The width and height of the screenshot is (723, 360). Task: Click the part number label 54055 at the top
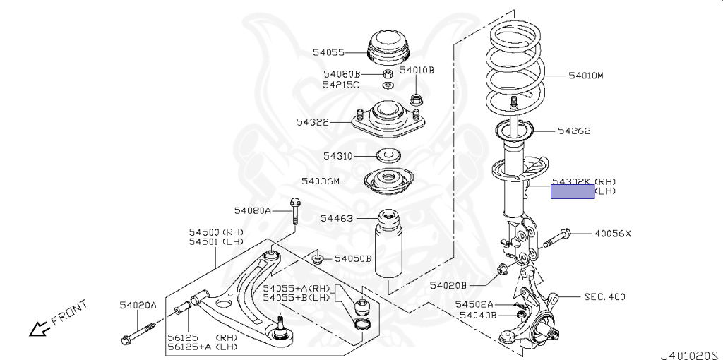coord(329,52)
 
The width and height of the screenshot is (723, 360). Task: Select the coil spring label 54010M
coord(586,75)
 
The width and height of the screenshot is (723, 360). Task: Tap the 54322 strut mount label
coord(313,122)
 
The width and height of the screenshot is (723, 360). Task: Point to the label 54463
coord(336,219)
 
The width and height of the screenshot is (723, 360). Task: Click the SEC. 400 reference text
coord(604,297)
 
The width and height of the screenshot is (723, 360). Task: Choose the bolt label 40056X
coord(612,234)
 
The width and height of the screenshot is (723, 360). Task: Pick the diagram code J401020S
coord(689,349)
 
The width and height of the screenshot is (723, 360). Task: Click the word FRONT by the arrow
coord(70,313)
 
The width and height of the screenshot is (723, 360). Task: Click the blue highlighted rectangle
coord(573,191)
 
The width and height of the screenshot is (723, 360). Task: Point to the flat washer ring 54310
coord(387,155)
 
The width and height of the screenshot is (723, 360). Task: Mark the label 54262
coord(573,131)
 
